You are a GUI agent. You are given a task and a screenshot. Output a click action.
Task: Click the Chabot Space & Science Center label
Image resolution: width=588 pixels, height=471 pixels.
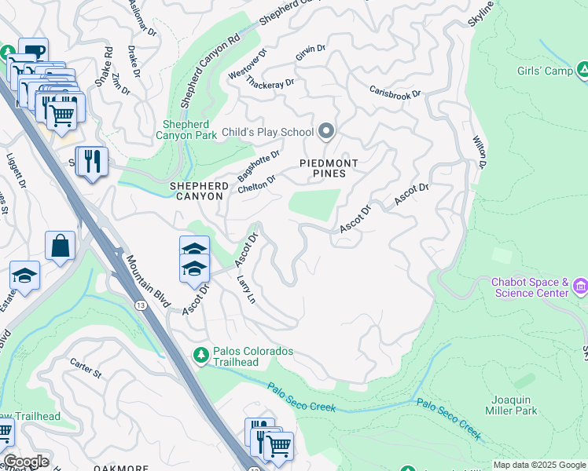pos(530,287)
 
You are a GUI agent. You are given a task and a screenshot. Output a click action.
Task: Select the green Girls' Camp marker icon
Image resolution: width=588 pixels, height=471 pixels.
pos(582,71)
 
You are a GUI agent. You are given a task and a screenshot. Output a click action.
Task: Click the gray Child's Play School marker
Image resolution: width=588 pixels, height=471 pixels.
pos(326,132)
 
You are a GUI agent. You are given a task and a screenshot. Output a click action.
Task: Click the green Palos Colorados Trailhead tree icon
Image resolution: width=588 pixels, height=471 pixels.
pos(200,356)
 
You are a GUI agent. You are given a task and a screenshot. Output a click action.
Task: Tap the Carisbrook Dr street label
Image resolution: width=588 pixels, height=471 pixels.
pos(395,92)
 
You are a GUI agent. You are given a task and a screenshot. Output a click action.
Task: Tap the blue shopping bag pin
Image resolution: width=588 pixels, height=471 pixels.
pos(60,246)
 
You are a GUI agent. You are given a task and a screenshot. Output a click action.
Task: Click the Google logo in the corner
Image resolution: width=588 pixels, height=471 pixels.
pos(26,462)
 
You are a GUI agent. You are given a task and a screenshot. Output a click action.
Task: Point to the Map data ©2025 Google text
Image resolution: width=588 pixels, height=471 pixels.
pos(538,465)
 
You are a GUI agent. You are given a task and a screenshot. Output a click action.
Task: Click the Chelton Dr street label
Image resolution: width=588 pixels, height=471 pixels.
pos(256,184)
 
